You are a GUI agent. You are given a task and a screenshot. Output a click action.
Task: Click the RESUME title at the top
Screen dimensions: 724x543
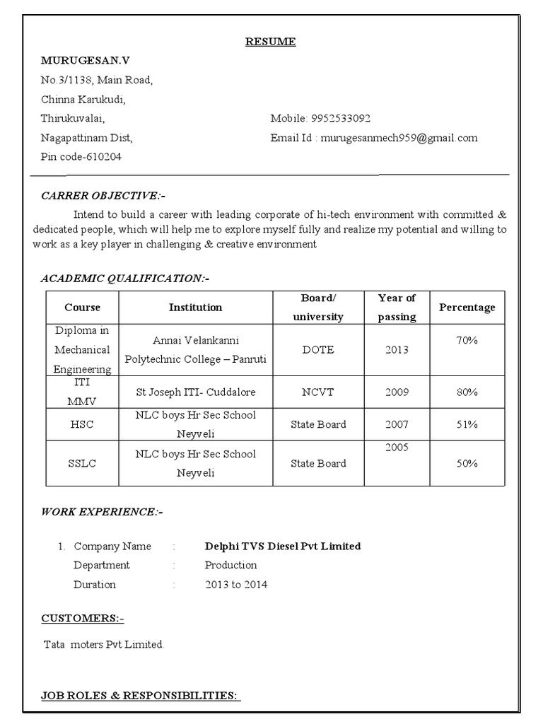pos(271,42)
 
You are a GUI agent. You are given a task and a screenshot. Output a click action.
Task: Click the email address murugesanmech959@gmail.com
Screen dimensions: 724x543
pos(399,138)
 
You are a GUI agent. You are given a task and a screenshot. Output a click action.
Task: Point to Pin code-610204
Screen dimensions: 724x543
pos(81,157)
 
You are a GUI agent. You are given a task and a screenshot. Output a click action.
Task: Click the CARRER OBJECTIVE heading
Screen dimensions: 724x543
pos(104,195)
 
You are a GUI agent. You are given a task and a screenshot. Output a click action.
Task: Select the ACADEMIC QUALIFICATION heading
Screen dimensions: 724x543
pos(125,279)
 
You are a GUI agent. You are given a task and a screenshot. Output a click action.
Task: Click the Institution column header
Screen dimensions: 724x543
pos(195,308)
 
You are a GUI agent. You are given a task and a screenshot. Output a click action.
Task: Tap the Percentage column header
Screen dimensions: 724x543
pos(467,308)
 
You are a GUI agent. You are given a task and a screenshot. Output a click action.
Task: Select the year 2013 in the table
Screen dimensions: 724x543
pos(397,350)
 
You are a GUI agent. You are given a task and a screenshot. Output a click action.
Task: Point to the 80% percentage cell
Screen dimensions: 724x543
pos(467,392)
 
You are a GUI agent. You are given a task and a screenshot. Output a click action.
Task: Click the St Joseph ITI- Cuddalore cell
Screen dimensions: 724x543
pos(196,392)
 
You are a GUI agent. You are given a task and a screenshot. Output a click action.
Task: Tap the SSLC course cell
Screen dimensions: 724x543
pos(82,464)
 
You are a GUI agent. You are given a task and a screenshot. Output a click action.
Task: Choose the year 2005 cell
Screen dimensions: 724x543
pos(397,448)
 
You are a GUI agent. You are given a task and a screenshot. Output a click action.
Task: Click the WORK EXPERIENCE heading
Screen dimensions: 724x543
pos(102,511)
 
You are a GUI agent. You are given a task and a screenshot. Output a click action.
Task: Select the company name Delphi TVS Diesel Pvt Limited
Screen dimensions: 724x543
pos(283,546)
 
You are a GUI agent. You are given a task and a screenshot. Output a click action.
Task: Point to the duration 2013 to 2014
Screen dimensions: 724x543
pos(236,585)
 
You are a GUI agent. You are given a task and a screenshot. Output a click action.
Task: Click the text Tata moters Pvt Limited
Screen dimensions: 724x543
pos(104,644)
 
